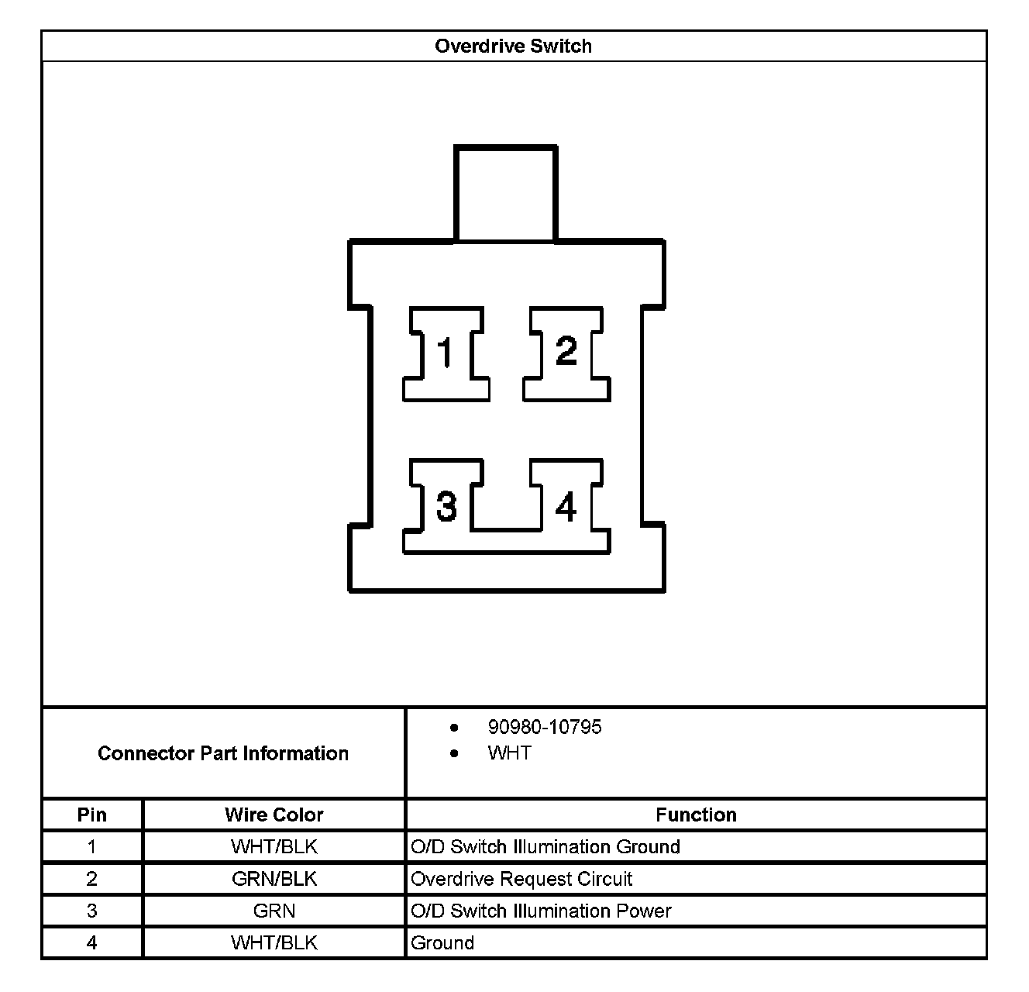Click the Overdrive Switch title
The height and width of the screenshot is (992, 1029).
click(513, 46)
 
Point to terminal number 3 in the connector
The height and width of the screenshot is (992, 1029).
click(446, 506)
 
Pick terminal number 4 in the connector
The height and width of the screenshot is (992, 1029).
click(566, 508)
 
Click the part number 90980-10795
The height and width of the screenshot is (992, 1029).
click(544, 727)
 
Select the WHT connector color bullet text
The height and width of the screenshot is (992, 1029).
click(509, 753)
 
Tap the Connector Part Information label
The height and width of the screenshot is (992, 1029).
click(223, 753)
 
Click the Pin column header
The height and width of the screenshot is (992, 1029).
click(92, 815)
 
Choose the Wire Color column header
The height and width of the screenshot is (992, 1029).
click(274, 815)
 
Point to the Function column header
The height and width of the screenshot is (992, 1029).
click(696, 815)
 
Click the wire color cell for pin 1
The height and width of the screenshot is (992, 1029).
click(274, 846)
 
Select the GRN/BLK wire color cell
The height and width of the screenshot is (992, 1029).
click(274, 879)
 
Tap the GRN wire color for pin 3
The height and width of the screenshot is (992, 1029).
click(274, 911)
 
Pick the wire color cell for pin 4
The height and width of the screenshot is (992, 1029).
click(274, 942)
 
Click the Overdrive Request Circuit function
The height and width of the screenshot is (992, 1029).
click(521, 879)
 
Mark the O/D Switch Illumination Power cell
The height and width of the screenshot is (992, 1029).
click(541, 911)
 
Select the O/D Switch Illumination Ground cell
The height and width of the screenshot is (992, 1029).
click(545, 846)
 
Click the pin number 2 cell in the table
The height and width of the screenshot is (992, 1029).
click(92, 879)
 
